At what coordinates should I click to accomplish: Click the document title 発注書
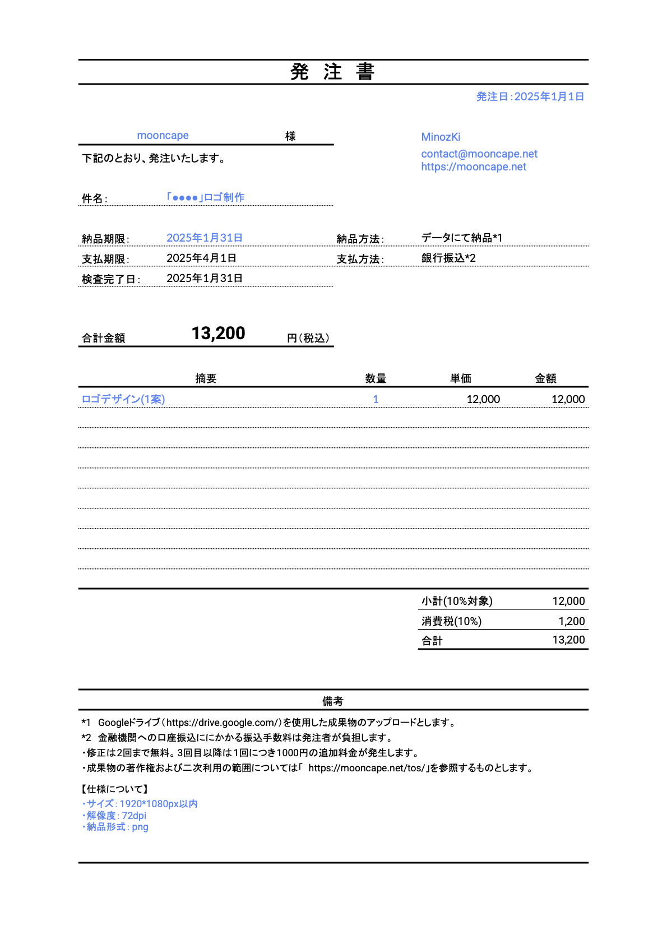[332, 72]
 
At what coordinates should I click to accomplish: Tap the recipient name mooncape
[163, 136]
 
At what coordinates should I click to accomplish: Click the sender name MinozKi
[441, 137]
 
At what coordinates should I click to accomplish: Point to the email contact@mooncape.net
[479, 154]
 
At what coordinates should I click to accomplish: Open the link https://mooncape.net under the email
[474, 166]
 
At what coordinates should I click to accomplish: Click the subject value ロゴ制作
[205, 197]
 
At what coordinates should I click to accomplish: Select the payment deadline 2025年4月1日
[201, 258]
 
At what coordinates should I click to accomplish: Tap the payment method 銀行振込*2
[448, 258]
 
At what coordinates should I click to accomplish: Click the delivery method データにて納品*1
[462, 238]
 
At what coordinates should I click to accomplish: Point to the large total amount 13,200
[218, 334]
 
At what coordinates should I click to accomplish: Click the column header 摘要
[206, 378]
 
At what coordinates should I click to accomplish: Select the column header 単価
[460, 378]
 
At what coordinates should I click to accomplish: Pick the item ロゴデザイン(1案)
[123, 399]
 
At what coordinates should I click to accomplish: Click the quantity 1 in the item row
[376, 399]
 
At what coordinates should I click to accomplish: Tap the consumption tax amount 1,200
[571, 621]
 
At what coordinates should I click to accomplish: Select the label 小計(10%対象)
[457, 601]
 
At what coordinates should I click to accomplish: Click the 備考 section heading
[332, 701]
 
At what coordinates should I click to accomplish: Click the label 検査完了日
[110, 279]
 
